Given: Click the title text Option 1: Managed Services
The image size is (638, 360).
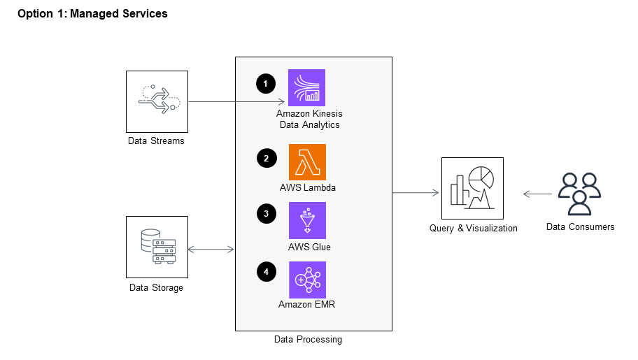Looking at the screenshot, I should point(92,14).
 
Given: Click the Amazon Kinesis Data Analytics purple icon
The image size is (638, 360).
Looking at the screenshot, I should point(307,88).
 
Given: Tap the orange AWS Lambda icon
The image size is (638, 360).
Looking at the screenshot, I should point(307,162).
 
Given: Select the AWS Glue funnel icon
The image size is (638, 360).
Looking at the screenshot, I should point(307,221).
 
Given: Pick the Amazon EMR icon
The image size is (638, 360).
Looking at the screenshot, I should point(307,280).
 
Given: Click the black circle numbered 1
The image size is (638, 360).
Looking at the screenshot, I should point(265,84).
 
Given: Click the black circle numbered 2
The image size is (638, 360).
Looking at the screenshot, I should point(265,159).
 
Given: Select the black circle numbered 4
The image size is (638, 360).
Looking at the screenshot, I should point(265,272).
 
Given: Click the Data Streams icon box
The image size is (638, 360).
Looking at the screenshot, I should point(157,101).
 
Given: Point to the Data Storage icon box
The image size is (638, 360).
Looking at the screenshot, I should point(157,247).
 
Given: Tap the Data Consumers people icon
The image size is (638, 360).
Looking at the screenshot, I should point(580,193).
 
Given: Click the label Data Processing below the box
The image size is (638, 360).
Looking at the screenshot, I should point(308,340).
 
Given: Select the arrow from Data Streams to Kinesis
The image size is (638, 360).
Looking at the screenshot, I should point(238,102).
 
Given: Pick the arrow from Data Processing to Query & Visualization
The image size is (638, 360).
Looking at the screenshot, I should point(416,192).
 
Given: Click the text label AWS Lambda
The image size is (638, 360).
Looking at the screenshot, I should point(308,188).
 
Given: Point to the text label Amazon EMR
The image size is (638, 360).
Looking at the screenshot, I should point(307,304).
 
